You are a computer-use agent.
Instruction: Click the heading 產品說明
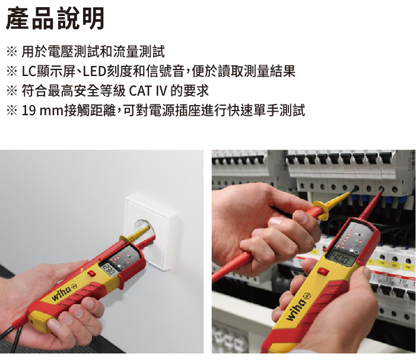pos(55,18)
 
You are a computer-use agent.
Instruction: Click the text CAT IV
pos(148,91)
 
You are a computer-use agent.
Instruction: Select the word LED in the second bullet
pos(94,71)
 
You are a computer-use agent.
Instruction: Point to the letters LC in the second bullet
pos(29,71)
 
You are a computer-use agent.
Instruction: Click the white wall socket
pos(150,231)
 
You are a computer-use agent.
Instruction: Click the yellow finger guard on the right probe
pos(322,210)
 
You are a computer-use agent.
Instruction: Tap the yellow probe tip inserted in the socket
pos(140,232)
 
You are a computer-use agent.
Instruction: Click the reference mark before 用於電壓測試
pos(12,52)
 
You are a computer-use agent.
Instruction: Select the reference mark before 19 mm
pos(12,110)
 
